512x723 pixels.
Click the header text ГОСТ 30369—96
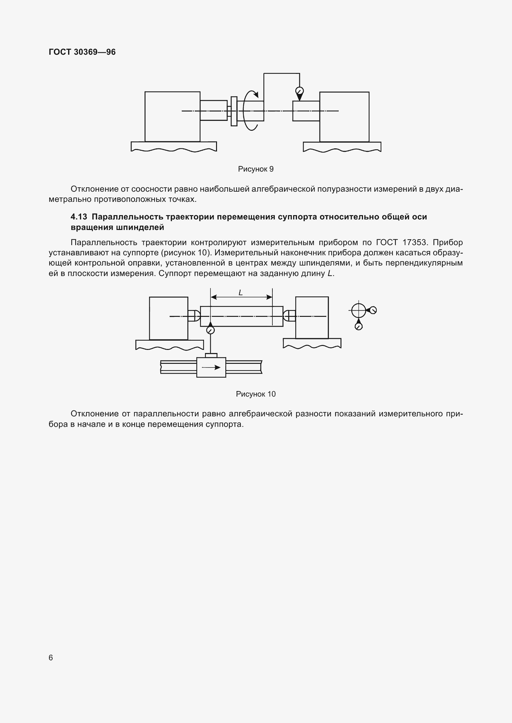pyautogui.click(x=82, y=52)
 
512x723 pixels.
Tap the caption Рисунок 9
pyautogui.click(x=256, y=169)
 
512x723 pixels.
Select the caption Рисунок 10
pyautogui.click(x=256, y=394)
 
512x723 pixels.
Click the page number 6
pyautogui.click(x=51, y=657)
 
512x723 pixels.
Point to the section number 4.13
pyautogui.click(x=79, y=217)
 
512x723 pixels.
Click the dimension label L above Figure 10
pyautogui.click(x=241, y=293)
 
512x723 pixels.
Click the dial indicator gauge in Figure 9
pyautogui.click(x=300, y=91)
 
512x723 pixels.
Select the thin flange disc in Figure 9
pyautogui.click(x=234, y=111)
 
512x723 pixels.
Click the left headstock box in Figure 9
pyautogui.click(x=172, y=117)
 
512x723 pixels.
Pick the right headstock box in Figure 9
pyautogui.click(x=344, y=117)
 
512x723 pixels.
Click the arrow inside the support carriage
pyautogui.click(x=211, y=367)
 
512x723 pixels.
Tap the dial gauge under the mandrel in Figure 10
pyautogui.click(x=210, y=330)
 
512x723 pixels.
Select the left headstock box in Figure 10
pyautogui.click(x=168, y=318)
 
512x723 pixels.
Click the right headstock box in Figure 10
pyautogui.click(x=312, y=317)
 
